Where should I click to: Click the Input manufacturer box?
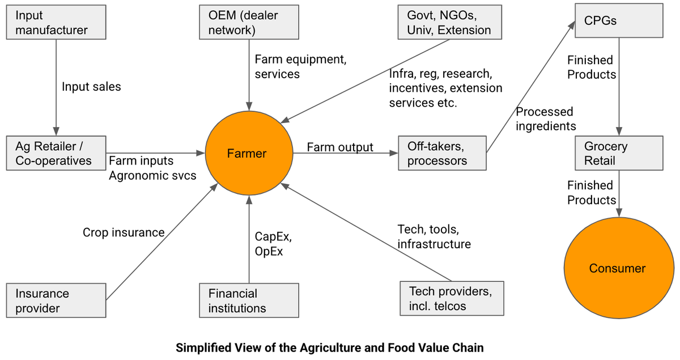(56, 23)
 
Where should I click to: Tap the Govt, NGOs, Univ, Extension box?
(449, 23)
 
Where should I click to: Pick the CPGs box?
(618, 22)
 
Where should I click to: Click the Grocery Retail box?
(618, 153)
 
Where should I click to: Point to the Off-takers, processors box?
(442, 153)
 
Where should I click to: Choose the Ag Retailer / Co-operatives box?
(56, 153)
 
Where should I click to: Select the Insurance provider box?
(56, 300)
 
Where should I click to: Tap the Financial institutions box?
(249, 300)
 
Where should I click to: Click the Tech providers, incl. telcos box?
(451, 299)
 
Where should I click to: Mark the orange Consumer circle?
(617, 268)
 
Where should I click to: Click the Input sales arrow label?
(91, 87)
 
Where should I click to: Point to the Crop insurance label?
(124, 232)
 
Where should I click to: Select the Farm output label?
(340, 147)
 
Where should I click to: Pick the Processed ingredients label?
(545, 119)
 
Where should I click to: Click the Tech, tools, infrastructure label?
(434, 237)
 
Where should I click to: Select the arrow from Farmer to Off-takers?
(343, 154)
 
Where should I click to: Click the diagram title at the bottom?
(330, 348)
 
